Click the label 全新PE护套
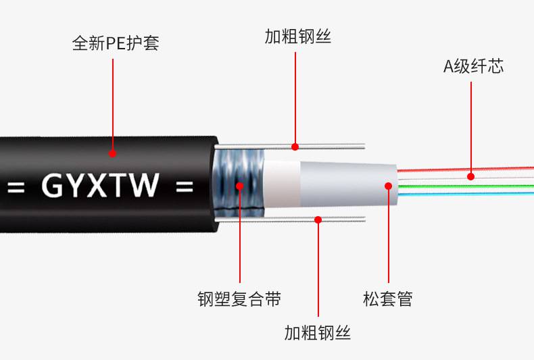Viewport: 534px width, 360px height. pos(116,43)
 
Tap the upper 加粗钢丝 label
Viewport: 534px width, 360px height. pos(298,36)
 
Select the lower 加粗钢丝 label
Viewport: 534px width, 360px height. pos(318,332)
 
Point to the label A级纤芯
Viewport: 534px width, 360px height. pos(473,66)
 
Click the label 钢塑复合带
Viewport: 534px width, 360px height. pos(239,299)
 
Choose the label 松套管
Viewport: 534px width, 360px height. pos(387,299)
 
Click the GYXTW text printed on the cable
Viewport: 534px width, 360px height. pos(100,185)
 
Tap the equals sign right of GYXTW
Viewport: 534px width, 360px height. pos(185,186)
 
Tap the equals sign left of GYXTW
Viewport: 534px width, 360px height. pos(16,187)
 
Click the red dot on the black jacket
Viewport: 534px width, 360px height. pos(112,153)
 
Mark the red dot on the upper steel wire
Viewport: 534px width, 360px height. pos(295,147)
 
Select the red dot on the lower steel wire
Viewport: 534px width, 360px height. pos(318,220)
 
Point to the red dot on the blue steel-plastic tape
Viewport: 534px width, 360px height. pos(240,186)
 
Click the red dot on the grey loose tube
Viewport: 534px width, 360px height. pos(388,186)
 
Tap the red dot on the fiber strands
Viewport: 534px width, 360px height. pos(470,176)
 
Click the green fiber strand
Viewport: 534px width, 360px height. pos(466,186)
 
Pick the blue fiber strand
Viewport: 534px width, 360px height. pos(466,194)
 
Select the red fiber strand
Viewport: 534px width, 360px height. pos(466,169)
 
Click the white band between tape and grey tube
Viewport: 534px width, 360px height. pos(282,184)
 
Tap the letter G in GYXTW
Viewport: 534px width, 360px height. pos(53,185)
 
